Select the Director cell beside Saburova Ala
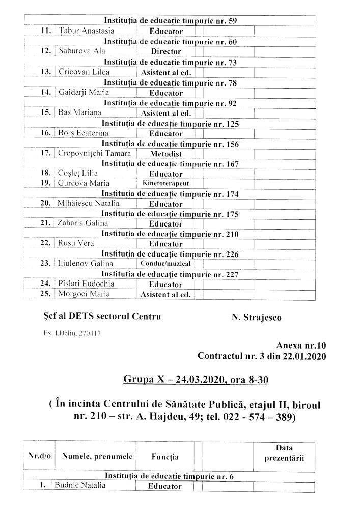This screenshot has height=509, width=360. tap(166, 52)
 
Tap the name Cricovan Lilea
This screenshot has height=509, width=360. tap(84, 72)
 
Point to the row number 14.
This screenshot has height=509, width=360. tap(45, 92)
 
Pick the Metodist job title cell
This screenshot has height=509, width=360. tap(166, 153)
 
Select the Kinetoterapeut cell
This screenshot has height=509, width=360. tap(165, 183)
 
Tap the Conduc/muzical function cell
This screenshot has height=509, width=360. tap(165, 264)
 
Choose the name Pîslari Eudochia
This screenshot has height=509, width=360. tap(86, 284)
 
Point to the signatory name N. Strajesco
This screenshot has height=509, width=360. tap(256, 317)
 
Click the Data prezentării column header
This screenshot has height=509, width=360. tap(284, 452)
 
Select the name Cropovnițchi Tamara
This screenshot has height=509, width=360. tap(94, 153)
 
